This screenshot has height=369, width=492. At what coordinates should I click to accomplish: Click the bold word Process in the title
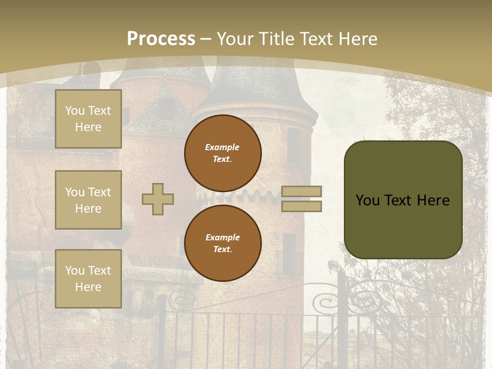(x=161, y=39)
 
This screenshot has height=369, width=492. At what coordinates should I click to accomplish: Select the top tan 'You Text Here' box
(x=88, y=119)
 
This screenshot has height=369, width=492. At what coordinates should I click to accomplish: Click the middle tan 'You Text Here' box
(x=88, y=200)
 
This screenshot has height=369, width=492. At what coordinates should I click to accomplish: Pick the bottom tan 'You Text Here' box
(x=88, y=279)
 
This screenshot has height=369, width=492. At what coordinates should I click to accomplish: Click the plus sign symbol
(x=158, y=199)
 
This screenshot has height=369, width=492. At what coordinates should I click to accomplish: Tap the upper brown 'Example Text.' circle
(x=223, y=153)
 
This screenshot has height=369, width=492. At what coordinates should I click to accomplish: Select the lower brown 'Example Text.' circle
(x=223, y=243)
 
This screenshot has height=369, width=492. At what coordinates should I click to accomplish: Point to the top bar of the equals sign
(x=302, y=191)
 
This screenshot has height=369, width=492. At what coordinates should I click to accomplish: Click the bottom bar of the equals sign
(x=302, y=206)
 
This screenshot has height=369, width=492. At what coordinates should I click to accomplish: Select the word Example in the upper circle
(x=222, y=147)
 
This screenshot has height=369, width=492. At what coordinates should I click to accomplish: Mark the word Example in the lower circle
(x=223, y=237)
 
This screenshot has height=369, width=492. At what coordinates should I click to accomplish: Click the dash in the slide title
(x=206, y=39)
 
